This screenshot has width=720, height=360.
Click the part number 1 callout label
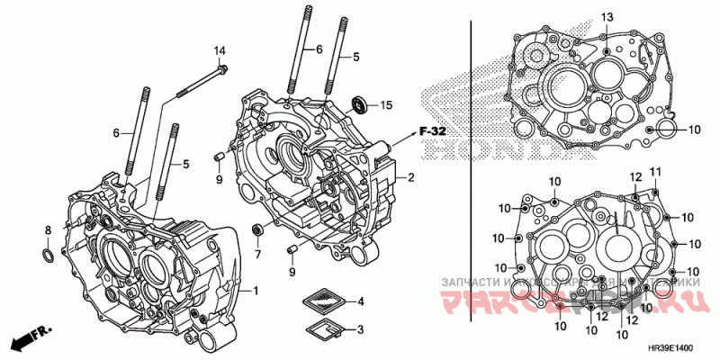[256, 291]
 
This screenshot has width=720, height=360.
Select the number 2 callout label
[410, 177]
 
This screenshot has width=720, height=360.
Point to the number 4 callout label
[361, 301]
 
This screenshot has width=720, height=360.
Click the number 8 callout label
[49, 231]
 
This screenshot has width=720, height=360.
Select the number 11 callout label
[655, 172]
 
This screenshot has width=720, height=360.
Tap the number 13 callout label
[606, 18]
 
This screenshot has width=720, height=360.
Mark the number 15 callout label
[387, 106]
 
